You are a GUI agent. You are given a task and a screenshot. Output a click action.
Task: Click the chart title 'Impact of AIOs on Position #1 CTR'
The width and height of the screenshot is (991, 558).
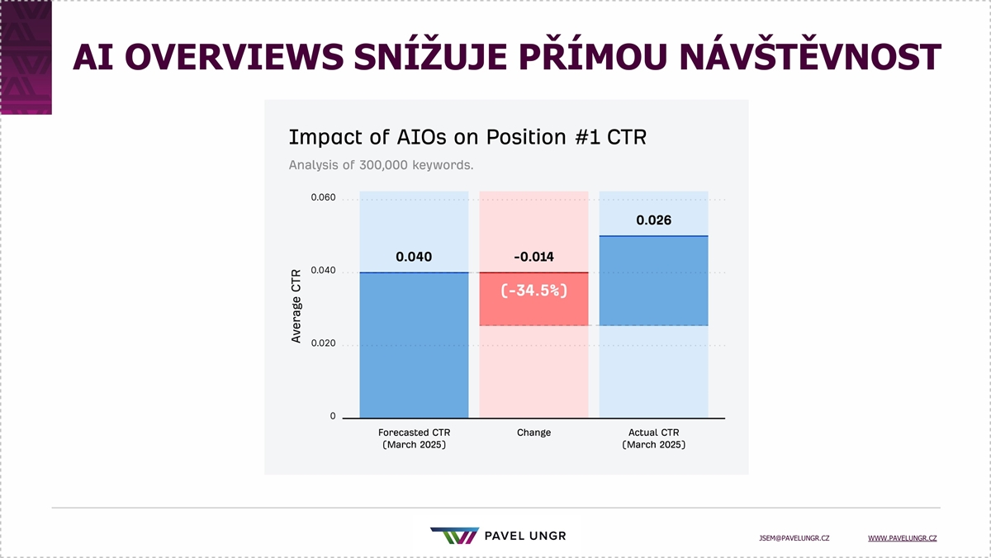[x=467, y=137]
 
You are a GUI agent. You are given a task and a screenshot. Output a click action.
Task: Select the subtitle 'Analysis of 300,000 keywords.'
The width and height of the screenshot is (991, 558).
[x=381, y=165]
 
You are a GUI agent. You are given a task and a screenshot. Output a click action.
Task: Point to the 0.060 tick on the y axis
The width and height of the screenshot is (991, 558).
[x=323, y=197]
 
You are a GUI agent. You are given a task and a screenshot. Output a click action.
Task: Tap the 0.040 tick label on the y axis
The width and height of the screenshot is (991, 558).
[x=323, y=270]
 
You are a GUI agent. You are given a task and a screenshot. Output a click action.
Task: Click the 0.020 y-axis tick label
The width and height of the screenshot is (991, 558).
[x=323, y=343]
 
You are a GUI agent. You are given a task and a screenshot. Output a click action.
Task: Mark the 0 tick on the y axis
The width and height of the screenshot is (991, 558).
[x=333, y=416]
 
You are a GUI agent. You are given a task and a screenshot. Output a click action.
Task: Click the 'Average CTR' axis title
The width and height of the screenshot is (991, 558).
[x=296, y=306]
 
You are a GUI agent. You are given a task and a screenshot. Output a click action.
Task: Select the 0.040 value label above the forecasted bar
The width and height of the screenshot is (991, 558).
[x=414, y=257]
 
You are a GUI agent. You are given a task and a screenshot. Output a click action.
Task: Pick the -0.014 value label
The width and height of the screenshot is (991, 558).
[x=533, y=257]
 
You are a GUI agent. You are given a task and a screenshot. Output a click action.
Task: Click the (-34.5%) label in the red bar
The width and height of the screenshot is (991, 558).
[x=533, y=291]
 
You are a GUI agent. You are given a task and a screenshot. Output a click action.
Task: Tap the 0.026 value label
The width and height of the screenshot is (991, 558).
[x=653, y=220]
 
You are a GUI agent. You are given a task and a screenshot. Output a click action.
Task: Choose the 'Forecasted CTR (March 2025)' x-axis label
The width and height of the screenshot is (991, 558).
[x=414, y=438]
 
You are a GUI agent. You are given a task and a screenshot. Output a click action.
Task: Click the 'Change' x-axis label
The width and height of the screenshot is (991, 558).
[x=533, y=433]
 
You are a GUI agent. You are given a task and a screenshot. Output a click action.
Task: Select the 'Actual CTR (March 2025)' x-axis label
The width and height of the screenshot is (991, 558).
[x=653, y=438]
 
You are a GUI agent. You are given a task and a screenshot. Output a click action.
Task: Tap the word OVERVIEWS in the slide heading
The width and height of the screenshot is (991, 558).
[x=234, y=57]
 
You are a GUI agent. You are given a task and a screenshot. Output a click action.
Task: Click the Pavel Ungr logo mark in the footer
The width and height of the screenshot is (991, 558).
[x=455, y=536]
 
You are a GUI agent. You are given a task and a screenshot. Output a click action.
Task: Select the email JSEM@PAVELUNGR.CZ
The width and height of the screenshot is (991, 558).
[x=794, y=538]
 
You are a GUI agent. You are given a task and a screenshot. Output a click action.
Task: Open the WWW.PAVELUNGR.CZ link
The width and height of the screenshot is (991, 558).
[x=902, y=538]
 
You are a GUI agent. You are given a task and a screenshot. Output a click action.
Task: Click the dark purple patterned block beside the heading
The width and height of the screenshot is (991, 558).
[x=26, y=58]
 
